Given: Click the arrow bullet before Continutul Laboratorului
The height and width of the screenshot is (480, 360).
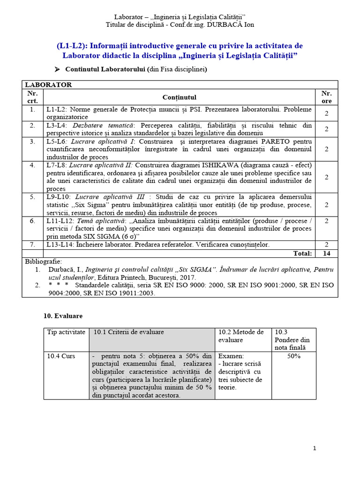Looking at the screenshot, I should (x=57, y=69).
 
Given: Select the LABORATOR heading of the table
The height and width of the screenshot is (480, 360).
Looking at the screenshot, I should (x=48, y=85).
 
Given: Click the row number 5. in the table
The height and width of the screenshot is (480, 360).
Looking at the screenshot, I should (x=32, y=197).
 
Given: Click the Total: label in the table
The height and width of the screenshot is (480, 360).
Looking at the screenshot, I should (x=302, y=253).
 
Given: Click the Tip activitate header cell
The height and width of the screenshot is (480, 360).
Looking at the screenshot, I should (x=66, y=332).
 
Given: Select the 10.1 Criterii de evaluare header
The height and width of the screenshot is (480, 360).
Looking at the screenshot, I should (x=129, y=332).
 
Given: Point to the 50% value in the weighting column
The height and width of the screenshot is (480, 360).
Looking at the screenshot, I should (x=293, y=356).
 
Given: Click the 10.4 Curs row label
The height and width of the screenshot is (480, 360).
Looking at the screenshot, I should (x=61, y=356).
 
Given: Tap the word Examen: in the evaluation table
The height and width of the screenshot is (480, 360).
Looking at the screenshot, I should (x=231, y=356).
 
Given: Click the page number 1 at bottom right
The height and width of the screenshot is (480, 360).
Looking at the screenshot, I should (x=315, y=448).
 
